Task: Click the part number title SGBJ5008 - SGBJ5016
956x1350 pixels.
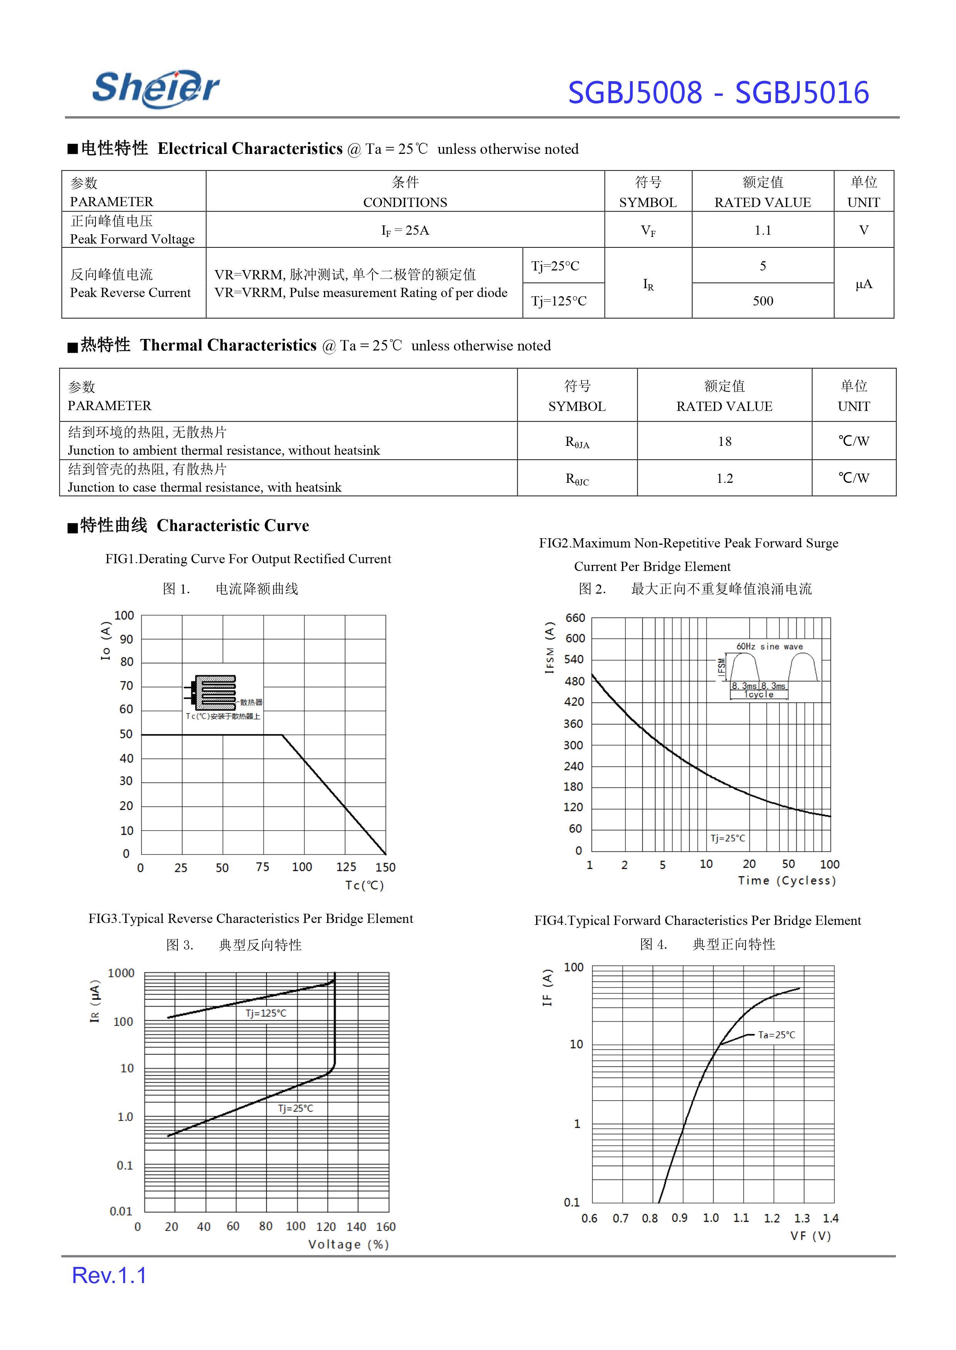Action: tap(718, 93)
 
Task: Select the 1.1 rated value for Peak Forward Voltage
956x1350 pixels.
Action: tap(762, 230)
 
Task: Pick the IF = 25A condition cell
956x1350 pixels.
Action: tap(405, 230)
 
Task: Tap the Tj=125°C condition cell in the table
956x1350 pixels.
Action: tap(559, 301)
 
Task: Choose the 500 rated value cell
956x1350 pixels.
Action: tap(762, 301)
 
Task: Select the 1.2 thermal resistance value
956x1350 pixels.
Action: tap(725, 479)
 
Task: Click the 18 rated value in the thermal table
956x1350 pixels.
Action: tap(725, 441)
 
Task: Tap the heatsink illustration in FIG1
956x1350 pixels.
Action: tap(215, 693)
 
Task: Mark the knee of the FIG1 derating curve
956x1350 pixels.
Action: tap(282, 735)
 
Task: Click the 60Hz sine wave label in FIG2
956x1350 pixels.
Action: tap(769, 646)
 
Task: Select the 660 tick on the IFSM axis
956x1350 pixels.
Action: tap(575, 618)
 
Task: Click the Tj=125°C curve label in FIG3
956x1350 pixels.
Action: tap(266, 1013)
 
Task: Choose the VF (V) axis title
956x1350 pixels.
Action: tap(811, 1236)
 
